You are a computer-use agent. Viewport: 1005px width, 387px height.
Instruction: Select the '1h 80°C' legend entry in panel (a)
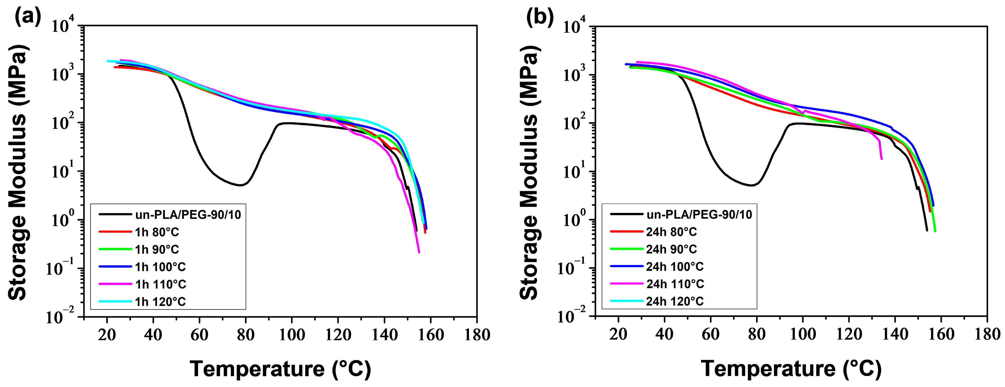pos(156,232)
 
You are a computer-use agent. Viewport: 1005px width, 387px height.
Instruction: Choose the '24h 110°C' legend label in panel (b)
pos(675,284)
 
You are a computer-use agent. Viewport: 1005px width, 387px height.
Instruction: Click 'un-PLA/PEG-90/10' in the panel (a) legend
pos(188,215)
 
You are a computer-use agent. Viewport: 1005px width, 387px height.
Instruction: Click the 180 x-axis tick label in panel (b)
pos(987,335)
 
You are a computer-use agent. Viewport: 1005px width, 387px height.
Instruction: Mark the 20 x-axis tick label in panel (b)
pos(618,335)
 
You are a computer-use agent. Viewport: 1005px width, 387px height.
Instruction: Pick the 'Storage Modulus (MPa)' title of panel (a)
pos(18,172)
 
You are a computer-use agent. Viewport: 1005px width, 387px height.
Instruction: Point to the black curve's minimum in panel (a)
pos(241,185)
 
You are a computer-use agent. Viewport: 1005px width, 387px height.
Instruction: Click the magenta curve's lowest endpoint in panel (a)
pos(419,252)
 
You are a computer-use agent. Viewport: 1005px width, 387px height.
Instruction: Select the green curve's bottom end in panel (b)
pos(935,231)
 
